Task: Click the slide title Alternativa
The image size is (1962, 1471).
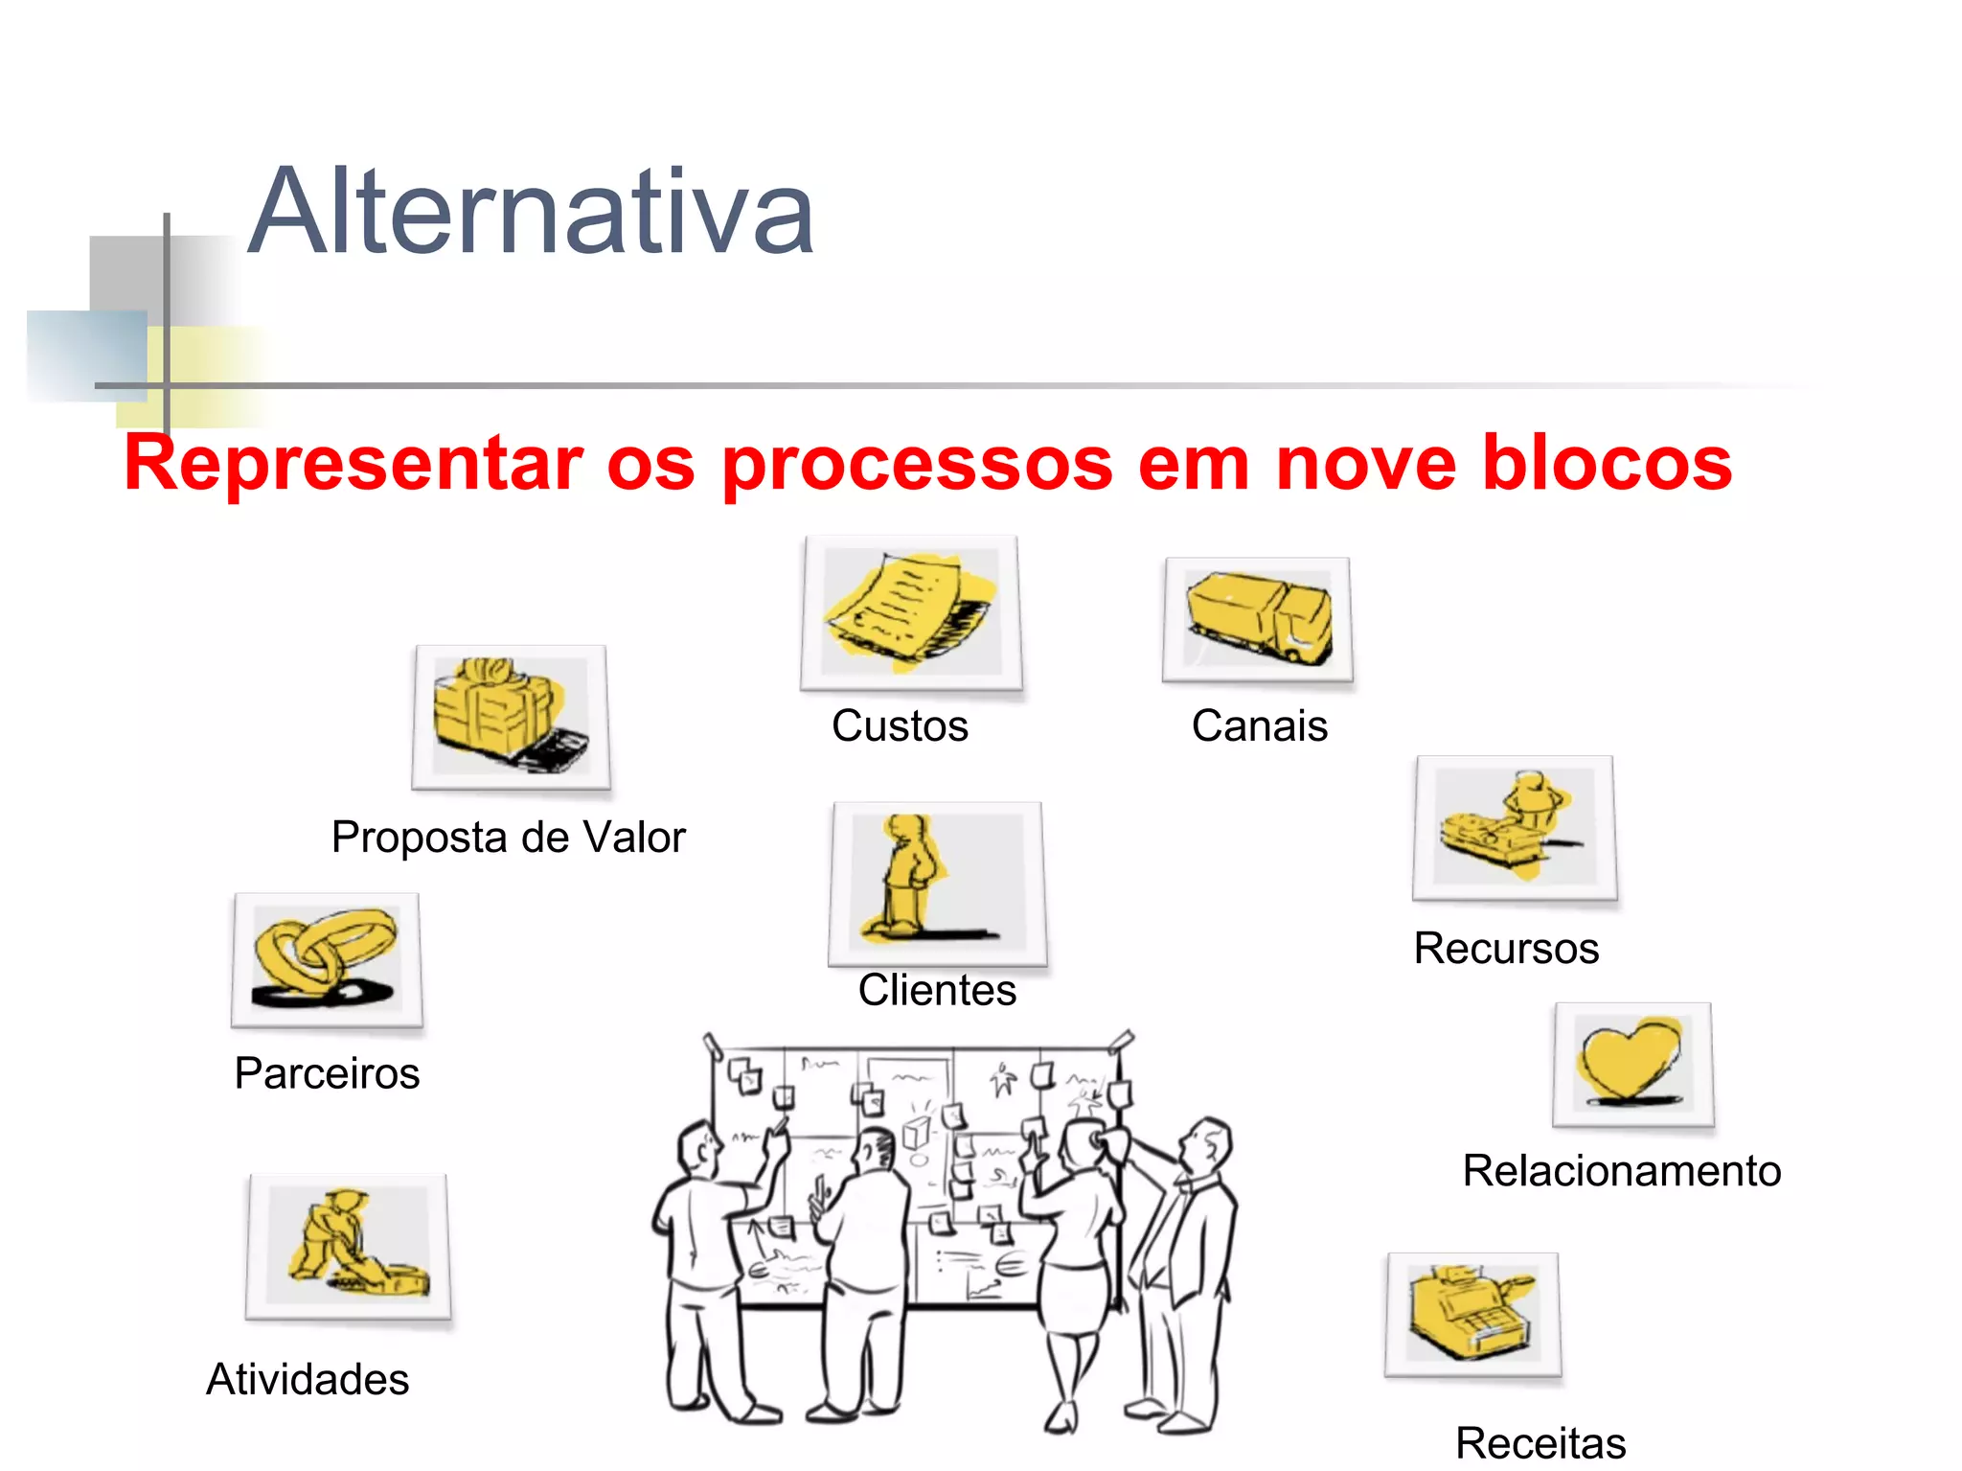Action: [531, 212]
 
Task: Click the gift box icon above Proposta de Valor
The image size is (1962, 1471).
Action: [511, 717]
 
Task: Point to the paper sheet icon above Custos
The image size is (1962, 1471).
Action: [911, 612]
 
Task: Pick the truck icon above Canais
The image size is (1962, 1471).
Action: [1258, 619]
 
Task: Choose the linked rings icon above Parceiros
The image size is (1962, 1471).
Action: [327, 959]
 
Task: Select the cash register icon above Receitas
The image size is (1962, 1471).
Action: [1472, 1314]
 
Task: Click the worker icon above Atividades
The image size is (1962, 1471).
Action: [348, 1246]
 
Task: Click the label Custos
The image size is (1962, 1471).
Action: [900, 726]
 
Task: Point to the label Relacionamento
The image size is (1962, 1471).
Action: [1621, 1171]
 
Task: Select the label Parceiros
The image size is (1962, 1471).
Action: [327, 1073]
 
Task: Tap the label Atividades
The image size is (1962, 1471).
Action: [308, 1380]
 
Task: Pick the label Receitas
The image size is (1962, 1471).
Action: [1540, 1443]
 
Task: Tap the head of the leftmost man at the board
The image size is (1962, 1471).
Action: [696, 1150]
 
